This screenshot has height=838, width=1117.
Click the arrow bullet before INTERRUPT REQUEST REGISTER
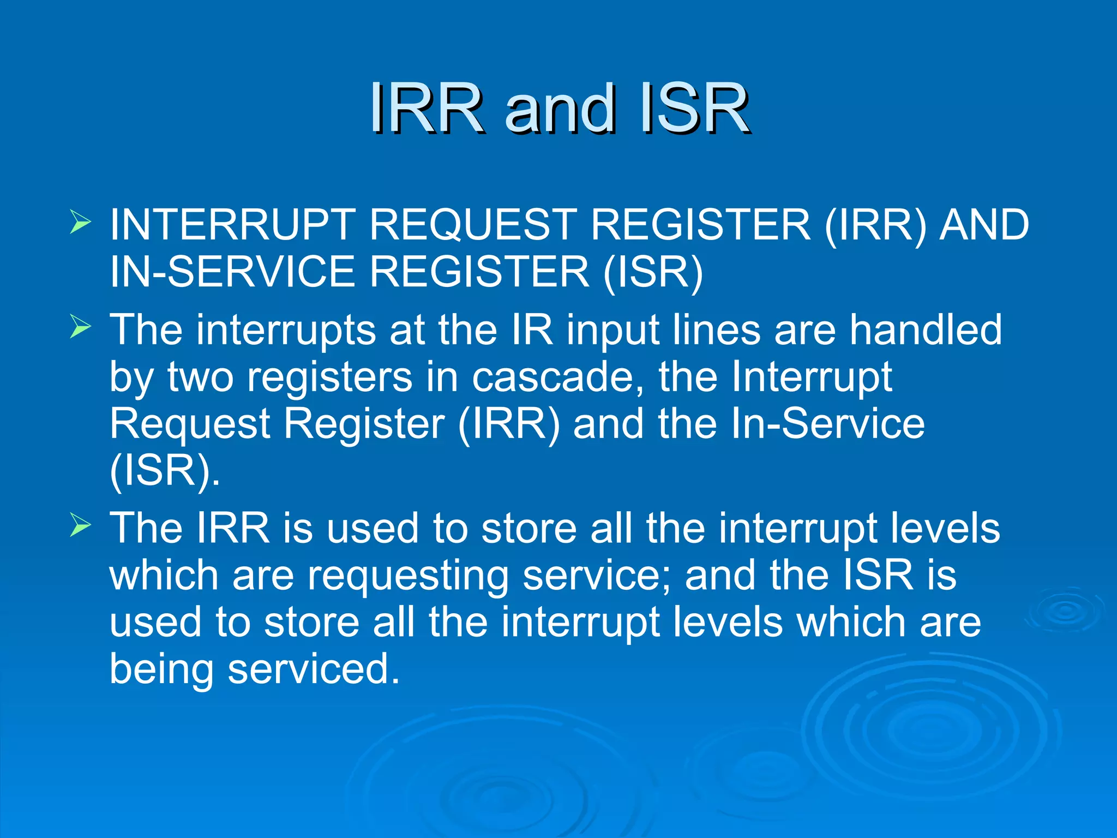80,223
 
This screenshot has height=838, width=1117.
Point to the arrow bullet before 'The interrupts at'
80,327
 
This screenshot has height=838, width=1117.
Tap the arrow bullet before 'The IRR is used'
80,526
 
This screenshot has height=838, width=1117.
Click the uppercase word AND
984,225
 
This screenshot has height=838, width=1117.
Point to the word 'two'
200,378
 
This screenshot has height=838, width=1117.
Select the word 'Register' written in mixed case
364,424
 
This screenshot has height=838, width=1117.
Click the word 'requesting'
409,576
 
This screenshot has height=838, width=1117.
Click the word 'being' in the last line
161,670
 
